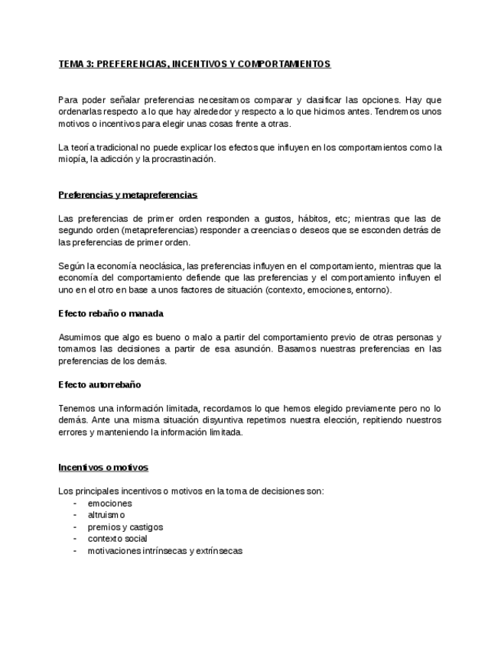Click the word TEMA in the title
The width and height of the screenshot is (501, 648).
click(x=71, y=64)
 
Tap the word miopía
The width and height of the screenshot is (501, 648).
click(x=72, y=160)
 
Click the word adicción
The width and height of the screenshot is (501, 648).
click(x=125, y=160)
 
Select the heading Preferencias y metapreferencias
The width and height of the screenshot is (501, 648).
click(x=128, y=195)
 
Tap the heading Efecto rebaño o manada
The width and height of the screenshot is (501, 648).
click(x=111, y=313)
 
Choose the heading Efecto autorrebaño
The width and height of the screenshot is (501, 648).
click(x=99, y=384)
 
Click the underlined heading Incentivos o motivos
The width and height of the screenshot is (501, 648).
click(x=103, y=467)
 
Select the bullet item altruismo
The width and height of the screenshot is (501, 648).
click(x=106, y=515)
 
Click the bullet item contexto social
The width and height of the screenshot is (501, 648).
click(x=117, y=539)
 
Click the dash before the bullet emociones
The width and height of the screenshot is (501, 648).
click(x=74, y=504)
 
